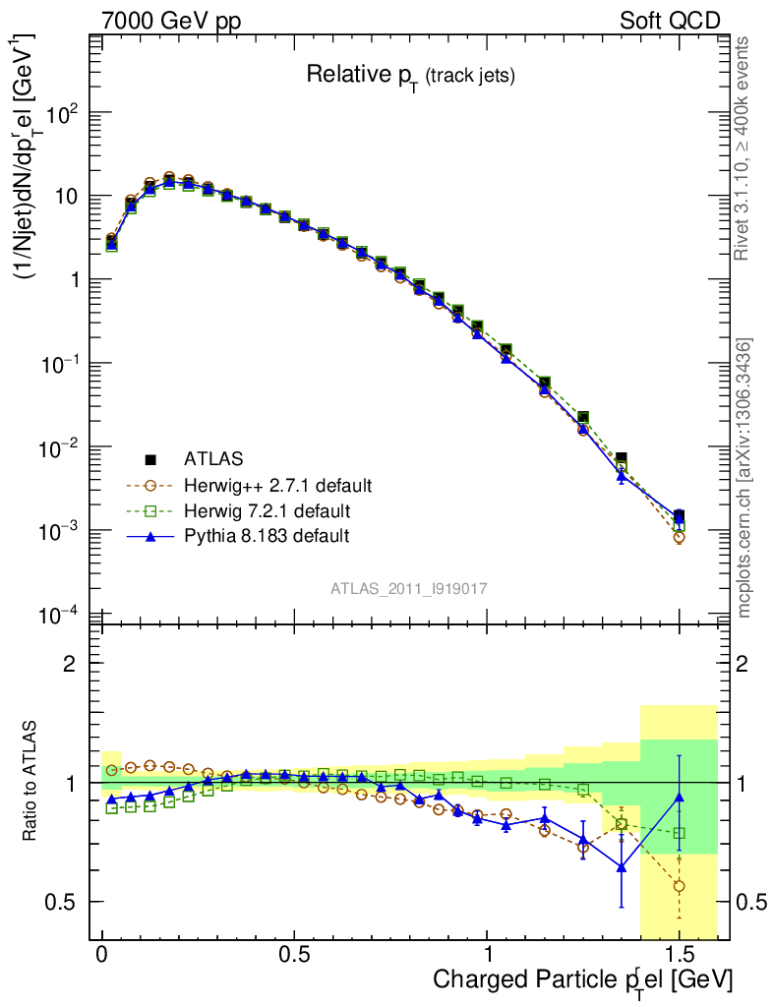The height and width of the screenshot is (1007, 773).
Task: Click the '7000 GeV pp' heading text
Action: point(170,21)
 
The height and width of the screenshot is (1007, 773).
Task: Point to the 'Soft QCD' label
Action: point(670,21)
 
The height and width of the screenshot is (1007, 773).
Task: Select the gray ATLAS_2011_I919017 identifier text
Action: point(409,588)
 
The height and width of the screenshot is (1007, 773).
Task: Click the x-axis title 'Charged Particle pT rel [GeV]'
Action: point(582,980)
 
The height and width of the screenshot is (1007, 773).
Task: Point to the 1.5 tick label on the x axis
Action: point(679,955)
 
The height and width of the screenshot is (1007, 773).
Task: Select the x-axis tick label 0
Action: point(102,955)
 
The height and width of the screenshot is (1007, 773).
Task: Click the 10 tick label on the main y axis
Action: point(66,196)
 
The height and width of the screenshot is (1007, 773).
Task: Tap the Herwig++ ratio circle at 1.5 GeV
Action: point(679,886)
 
